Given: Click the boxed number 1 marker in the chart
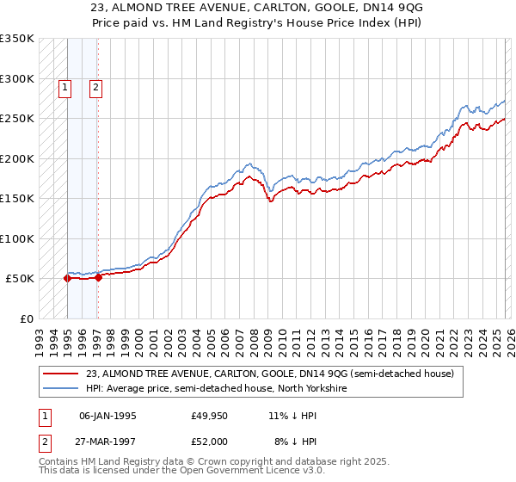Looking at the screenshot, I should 66,86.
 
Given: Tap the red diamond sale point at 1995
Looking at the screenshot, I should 67,278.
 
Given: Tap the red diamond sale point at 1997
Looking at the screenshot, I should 98,277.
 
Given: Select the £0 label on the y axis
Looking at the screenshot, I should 26,318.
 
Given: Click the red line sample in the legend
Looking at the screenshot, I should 61,374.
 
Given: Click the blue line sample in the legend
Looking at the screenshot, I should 61,388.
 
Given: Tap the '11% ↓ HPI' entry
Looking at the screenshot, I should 292,415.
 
